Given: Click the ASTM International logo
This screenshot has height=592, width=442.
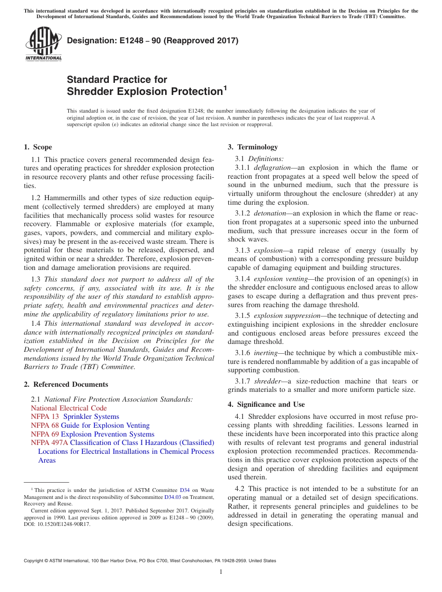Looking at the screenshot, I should [43, 44].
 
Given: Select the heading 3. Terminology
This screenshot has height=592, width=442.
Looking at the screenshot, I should [253, 147].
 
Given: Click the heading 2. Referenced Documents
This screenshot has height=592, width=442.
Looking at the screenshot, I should [66, 384].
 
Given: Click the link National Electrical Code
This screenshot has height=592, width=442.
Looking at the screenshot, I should [68, 408].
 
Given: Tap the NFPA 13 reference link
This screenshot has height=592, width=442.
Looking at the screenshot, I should [45, 417].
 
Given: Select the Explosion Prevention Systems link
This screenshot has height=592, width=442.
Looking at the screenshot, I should [107, 434].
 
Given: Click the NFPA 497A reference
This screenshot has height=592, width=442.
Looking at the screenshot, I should [49, 443].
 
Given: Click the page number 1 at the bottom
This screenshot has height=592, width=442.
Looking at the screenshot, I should [221, 572].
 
